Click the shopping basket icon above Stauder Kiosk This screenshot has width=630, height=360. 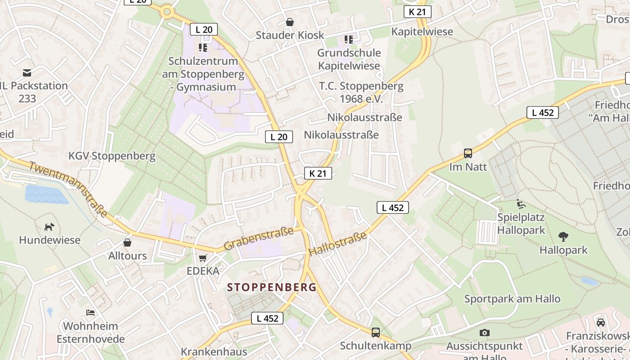click(x=290, y=22)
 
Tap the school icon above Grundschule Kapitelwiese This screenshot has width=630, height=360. click(x=349, y=40)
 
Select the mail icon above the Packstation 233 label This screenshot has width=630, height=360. click(x=27, y=72)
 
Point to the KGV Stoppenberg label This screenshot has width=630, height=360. click(x=112, y=156)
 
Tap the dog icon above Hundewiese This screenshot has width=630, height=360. click(x=49, y=227)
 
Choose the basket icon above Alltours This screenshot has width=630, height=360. click(x=127, y=243)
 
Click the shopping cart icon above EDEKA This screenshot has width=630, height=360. click(x=203, y=258)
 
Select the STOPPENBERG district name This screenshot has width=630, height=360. click(x=272, y=287)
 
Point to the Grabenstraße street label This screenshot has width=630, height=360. click(x=258, y=239)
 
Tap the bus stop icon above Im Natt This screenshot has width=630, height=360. click(x=468, y=153)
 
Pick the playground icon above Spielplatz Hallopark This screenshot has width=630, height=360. click(x=521, y=204)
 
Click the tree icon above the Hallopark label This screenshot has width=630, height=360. click(x=563, y=236)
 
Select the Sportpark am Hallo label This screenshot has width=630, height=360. click(x=512, y=299)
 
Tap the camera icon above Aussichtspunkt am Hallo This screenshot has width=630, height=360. click(x=484, y=333)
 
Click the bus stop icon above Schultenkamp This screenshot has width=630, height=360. click(x=375, y=333)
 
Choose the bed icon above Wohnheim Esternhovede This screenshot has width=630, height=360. click(x=90, y=312)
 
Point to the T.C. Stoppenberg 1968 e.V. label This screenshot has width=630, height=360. click(x=361, y=92)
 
